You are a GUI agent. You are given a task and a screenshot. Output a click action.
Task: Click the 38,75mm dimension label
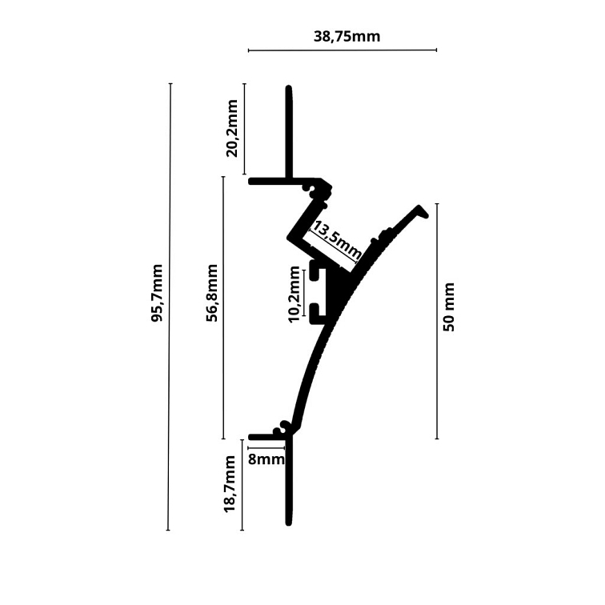347,36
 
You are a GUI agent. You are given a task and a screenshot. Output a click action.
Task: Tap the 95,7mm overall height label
157,293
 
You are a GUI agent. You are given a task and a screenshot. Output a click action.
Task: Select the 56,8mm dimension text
212,293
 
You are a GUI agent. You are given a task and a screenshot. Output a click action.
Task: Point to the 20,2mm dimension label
233,129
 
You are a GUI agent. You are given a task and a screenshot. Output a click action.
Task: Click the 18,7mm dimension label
230,484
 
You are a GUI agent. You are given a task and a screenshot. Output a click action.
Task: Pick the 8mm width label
266,459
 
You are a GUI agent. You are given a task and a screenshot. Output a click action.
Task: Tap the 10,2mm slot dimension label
294,294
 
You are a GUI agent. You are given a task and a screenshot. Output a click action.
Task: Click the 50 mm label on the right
449,307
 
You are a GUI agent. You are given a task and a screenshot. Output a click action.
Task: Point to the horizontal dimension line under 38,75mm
343,50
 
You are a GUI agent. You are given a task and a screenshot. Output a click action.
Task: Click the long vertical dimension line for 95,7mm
170,307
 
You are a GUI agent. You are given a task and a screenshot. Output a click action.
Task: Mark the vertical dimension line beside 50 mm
437,321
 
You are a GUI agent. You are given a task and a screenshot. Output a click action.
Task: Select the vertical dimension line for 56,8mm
223,307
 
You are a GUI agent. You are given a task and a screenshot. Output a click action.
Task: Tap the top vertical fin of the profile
289,132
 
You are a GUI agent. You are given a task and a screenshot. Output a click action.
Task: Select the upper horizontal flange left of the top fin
267,182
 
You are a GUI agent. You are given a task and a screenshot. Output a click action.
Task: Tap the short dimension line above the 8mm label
266,448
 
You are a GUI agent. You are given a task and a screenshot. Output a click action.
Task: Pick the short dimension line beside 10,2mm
304,293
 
